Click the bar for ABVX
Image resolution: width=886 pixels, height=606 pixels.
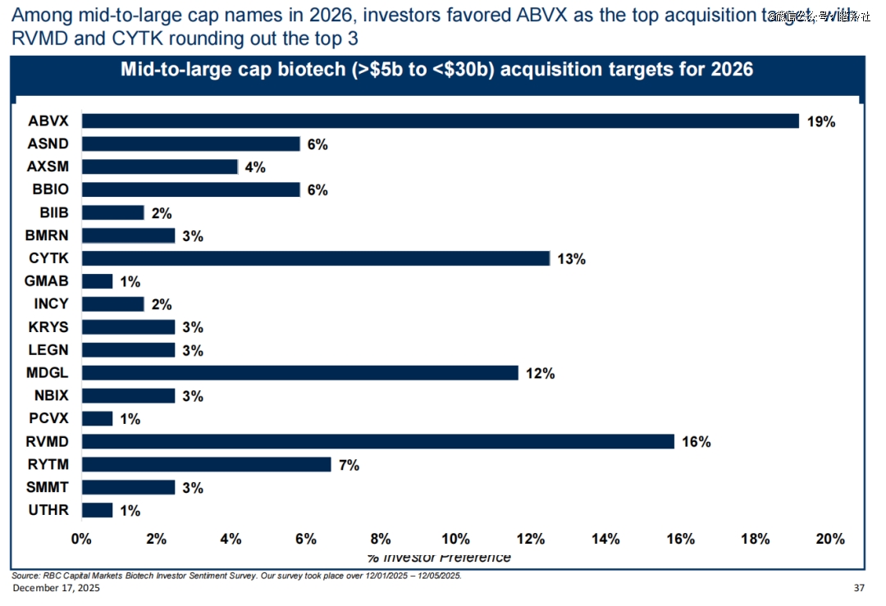pos(440,121)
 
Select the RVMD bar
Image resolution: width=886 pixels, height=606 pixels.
pos(377,442)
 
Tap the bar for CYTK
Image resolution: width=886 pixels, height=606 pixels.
pos(315,258)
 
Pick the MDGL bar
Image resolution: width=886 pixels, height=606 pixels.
pos(299,373)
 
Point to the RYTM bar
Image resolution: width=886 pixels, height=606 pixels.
pos(206,465)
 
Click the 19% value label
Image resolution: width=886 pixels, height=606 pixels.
pos(821,122)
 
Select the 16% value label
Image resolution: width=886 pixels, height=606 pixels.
pos(696,442)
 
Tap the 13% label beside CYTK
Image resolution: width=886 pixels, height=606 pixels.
pos(571,259)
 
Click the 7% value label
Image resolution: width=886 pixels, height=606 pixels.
pos(349,466)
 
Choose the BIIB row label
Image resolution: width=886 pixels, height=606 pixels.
pos(54,213)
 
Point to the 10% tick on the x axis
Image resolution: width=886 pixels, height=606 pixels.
pos(455,539)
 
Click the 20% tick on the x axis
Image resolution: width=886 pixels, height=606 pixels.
pos(829,539)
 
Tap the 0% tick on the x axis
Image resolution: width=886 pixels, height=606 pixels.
pos(81,539)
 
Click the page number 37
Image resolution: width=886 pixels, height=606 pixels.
pos(859,589)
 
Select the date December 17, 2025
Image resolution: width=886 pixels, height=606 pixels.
pos(56,589)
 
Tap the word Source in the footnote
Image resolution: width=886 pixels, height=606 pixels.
pos(25,576)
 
